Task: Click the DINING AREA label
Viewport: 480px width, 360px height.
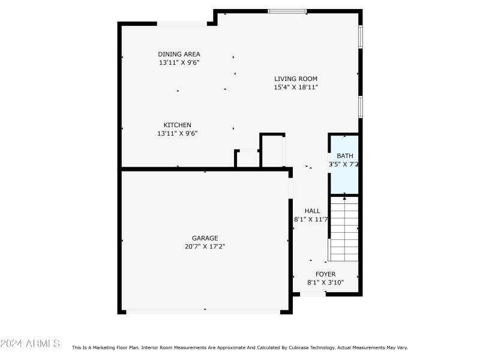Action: [x=179, y=54]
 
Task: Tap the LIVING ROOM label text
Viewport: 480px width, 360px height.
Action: [x=295, y=79]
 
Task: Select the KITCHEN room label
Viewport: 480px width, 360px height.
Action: [x=177, y=125]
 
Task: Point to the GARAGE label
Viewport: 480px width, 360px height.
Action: [x=205, y=238]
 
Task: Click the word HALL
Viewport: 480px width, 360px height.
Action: [x=312, y=211]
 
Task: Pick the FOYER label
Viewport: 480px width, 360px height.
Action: [x=325, y=274]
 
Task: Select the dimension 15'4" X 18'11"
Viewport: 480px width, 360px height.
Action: [x=295, y=87]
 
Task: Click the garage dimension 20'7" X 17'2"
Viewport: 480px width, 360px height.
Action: [x=205, y=246]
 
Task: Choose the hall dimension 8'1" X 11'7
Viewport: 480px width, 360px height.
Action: [x=311, y=219]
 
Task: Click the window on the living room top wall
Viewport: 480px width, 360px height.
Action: [x=287, y=11]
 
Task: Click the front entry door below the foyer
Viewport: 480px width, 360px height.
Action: [x=313, y=294]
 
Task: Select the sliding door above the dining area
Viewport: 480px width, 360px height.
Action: [x=182, y=24]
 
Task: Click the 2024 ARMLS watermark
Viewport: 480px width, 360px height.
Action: [x=30, y=343]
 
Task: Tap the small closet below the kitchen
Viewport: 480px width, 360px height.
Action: [x=247, y=159]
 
